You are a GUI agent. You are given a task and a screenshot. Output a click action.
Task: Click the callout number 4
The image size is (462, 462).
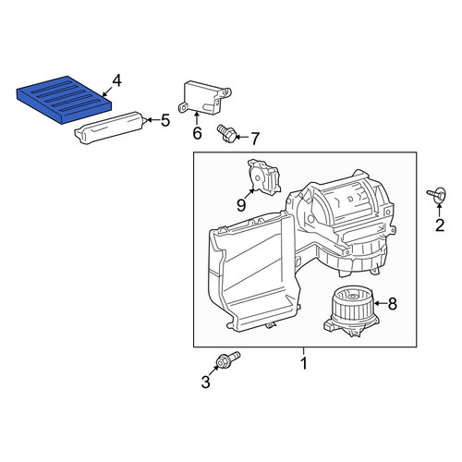click(117, 81)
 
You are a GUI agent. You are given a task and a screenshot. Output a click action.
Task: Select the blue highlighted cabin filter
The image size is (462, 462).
click(64, 99)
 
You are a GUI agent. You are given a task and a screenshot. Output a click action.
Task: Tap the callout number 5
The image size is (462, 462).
click(165, 120)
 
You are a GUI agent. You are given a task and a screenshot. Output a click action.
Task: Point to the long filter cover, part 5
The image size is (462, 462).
click(109, 128)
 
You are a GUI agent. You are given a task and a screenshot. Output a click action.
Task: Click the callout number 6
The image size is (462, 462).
click(197, 133)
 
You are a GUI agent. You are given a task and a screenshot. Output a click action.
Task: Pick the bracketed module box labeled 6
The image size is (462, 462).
click(204, 98)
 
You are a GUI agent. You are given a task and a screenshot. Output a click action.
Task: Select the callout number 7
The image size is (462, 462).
click(254, 139)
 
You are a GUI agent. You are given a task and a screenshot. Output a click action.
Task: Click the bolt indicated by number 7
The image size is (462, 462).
click(226, 133)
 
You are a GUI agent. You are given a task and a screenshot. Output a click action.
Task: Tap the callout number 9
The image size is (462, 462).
click(241, 205)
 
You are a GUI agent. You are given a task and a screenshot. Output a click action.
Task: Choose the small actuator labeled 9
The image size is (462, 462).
click(264, 176)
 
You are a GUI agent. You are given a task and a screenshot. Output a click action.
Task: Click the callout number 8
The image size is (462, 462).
click(392, 304)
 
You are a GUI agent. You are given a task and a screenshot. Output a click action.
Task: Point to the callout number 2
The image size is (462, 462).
click(440, 225)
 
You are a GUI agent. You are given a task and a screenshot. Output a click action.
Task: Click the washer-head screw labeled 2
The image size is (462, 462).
click(437, 195)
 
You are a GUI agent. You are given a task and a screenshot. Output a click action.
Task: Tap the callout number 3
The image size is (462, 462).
click(205, 383)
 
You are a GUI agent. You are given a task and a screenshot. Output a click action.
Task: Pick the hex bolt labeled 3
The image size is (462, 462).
click(228, 359)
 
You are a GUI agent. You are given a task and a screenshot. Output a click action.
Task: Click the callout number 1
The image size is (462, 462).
click(304, 363)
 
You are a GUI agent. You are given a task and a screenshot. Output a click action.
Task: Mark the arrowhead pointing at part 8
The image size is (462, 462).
click(376, 304)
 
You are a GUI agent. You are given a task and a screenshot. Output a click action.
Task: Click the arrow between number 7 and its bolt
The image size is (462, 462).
click(242, 138)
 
